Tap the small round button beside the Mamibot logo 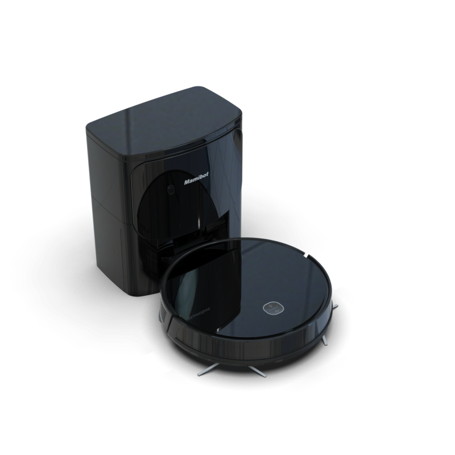pyautogui.click(x=172, y=190)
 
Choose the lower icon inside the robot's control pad pyautogui.click(x=277, y=311)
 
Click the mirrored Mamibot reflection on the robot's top pyautogui.click(x=197, y=316)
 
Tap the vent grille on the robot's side pyautogui.click(x=163, y=311)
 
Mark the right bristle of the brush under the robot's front pyautogui.click(x=258, y=371)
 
